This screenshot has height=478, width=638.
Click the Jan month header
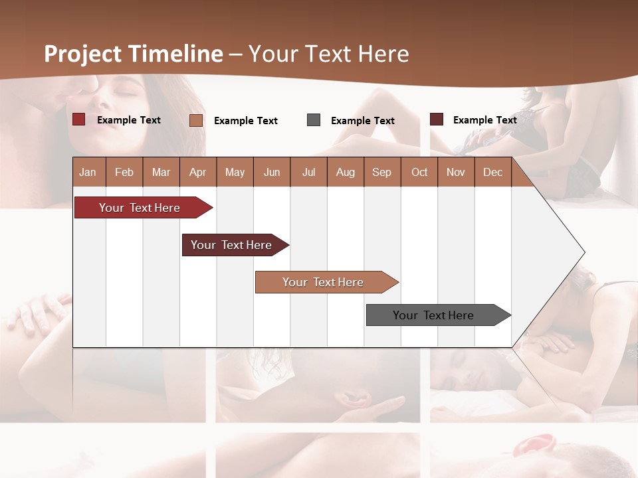(88, 172)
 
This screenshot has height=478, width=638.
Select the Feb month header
(124, 172)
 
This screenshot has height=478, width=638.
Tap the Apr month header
(197, 172)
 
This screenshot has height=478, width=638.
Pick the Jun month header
(272, 172)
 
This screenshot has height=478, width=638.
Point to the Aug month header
(345, 172)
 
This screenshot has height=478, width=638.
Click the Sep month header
(381, 172)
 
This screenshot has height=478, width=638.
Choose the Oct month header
(419, 172)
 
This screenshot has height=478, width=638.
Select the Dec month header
(492, 172)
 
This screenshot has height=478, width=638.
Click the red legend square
(78, 119)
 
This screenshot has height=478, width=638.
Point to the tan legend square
(196, 120)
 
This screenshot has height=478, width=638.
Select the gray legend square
(314, 120)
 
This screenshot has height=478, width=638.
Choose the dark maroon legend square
(437, 119)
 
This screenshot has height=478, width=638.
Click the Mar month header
(161, 172)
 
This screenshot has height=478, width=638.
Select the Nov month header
(456, 172)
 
